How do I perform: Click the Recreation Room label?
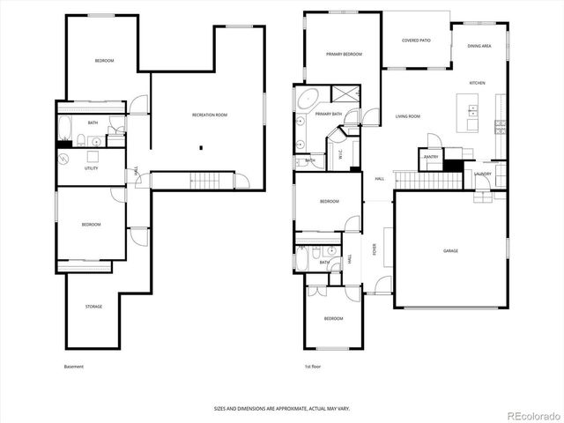click(210, 115)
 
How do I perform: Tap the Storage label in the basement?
click(93, 307)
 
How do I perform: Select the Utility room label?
click(91, 167)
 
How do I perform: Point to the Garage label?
click(450, 251)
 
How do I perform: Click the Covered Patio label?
click(416, 41)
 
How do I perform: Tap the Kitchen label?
click(477, 83)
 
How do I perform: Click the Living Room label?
click(407, 116)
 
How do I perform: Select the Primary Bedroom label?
click(344, 55)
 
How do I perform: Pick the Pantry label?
click(431, 157)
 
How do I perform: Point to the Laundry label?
click(482, 174)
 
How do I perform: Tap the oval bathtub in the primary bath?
click(308, 98)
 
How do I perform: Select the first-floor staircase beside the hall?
click(428, 181)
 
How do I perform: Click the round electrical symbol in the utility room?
click(63, 159)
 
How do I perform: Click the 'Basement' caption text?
click(74, 367)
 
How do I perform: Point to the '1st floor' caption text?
click(312, 367)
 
